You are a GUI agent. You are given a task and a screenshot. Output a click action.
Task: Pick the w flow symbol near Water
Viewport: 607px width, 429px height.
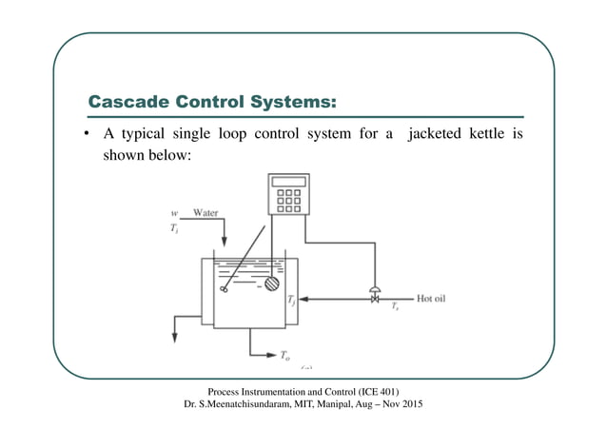172,212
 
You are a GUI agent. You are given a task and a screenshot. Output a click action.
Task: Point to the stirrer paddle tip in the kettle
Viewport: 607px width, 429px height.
224,289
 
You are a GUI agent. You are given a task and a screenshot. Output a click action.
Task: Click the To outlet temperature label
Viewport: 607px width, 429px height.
284,356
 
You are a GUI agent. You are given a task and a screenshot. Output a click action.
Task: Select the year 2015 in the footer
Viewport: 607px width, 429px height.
410,406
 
